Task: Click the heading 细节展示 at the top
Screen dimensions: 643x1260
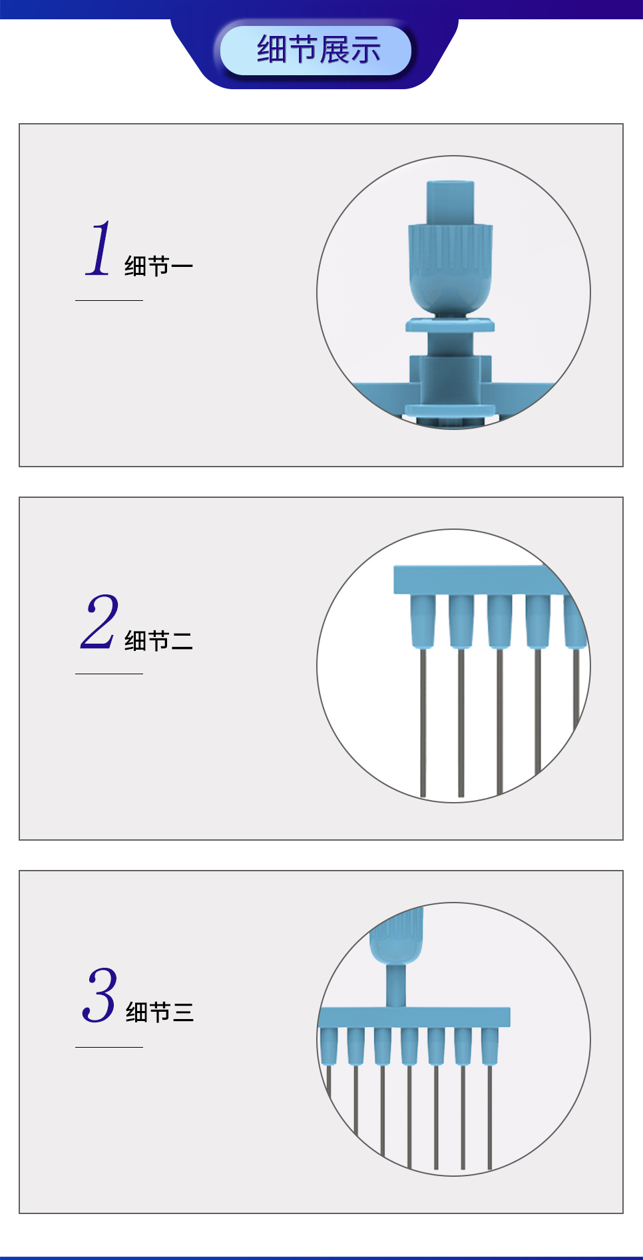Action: pyautogui.click(x=318, y=50)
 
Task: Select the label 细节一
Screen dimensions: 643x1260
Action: pyautogui.click(x=158, y=266)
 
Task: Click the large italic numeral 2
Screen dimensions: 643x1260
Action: pyautogui.click(x=100, y=622)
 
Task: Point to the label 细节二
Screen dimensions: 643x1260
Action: pyautogui.click(x=158, y=641)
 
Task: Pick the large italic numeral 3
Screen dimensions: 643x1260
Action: pyautogui.click(x=100, y=995)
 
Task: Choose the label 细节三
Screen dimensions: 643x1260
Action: pyautogui.click(x=160, y=1012)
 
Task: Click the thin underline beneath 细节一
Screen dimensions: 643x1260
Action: pyautogui.click(x=109, y=300)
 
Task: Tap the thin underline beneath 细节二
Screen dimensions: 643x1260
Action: pyautogui.click(x=109, y=674)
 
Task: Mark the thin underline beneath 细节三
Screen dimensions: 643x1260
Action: pyautogui.click(x=109, y=1047)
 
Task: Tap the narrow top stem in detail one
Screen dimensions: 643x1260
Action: pyautogui.click(x=451, y=202)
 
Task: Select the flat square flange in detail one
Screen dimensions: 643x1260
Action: pyautogui.click(x=451, y=325)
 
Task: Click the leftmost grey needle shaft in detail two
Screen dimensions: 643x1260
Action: pyautogui.click(x=423, y=722)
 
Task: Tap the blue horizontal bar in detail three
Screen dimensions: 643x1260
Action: pyautogui.click(x=414, y=1017)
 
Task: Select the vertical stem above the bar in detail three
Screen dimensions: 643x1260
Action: pyautogui.click(x=396, y=986)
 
